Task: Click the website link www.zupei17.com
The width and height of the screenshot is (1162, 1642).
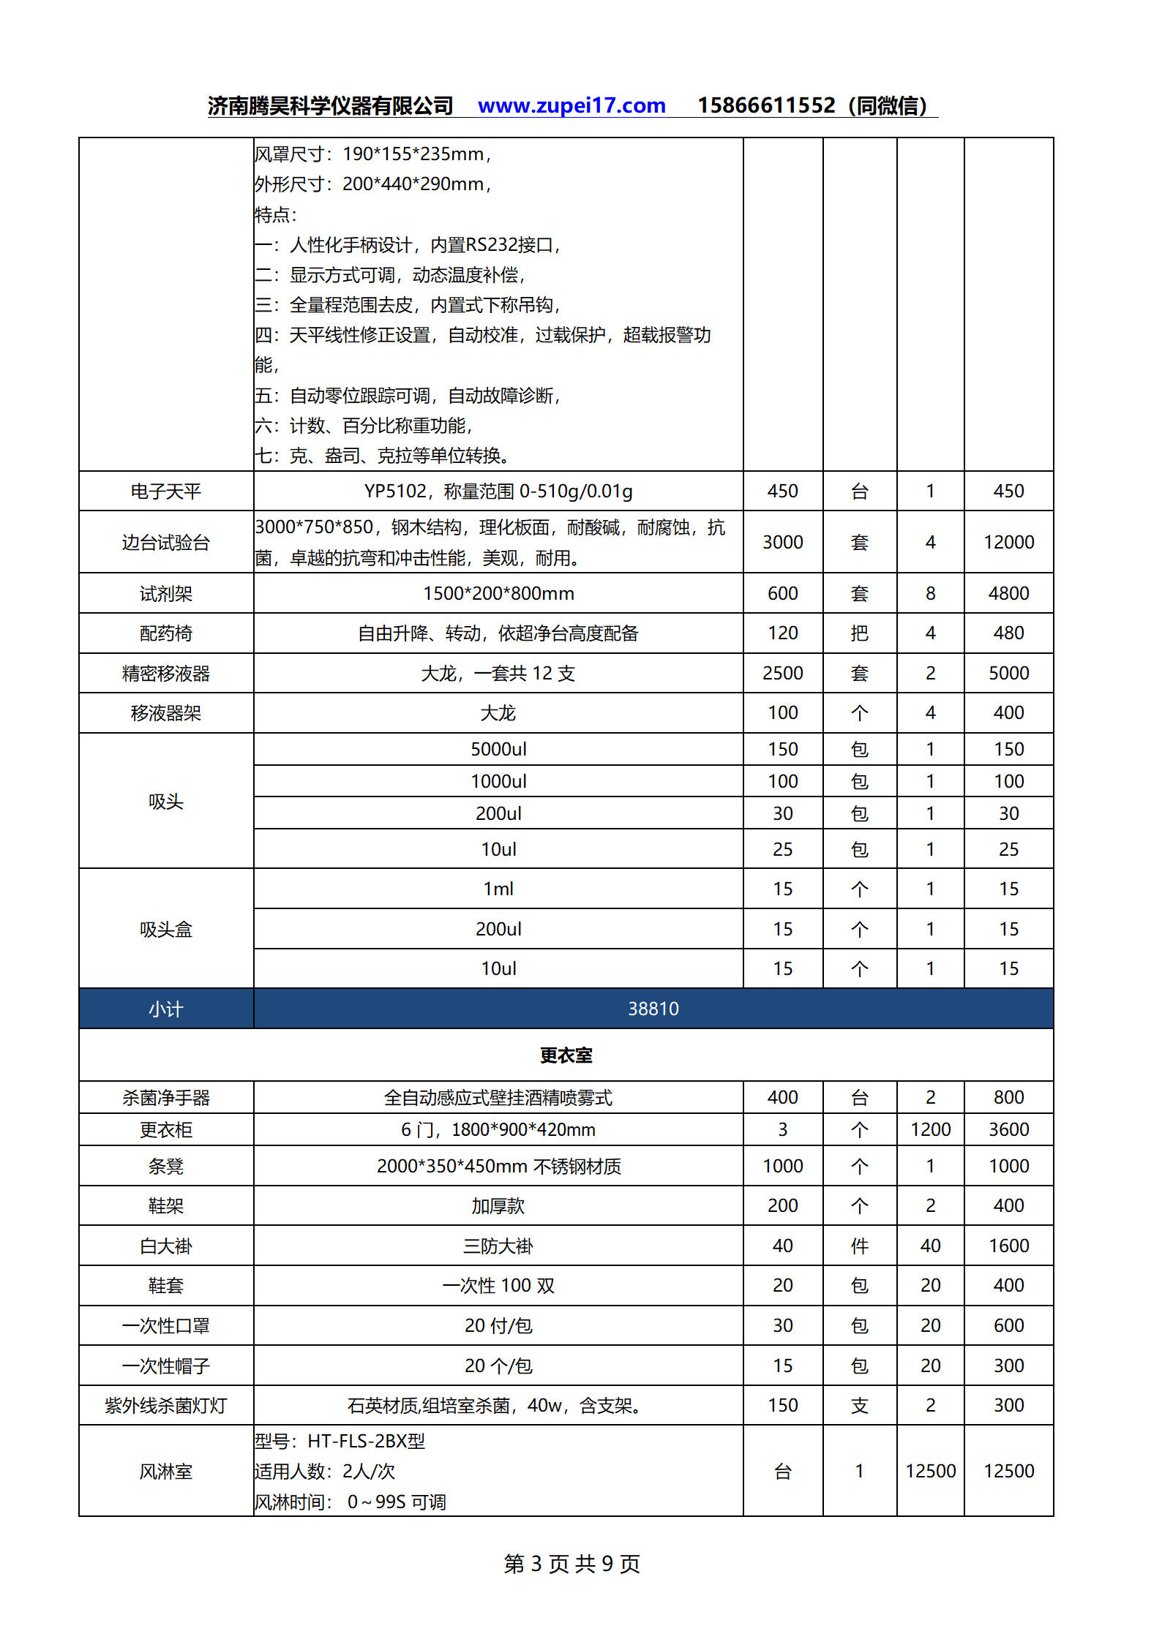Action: (x=571, y=106)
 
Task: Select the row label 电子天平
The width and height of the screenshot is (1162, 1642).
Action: (x=166, y=492)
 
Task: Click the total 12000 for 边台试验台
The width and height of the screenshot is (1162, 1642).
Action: (x=1008, y=542)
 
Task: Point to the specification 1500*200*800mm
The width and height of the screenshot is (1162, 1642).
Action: (x=498, y=593)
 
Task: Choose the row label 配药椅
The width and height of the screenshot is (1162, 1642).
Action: (x=166, y=633)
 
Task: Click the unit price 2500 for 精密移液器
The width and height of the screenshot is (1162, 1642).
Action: (x=782, y=673)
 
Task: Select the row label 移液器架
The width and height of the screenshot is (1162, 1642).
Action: (x=166, y=713)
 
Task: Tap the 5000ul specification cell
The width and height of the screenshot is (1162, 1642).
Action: (x=498, y=749)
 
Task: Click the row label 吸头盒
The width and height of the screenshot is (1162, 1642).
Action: (x=166, y=930)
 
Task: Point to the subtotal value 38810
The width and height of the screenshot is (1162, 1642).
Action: (x=653, y=1009)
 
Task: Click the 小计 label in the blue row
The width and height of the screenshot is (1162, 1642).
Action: (x=166, y=1009)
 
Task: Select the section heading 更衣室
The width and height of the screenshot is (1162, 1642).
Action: (x=566, y=1055)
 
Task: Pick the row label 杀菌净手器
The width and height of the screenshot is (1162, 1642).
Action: (x=166, y=1098)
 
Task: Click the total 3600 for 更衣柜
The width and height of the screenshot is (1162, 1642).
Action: (x=1008, y=1130)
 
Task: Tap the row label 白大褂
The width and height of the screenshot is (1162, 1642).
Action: (x=166, y=1246)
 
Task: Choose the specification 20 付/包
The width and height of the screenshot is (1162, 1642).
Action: (x=498, y=1326)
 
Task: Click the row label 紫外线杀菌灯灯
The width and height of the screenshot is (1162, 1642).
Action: (x=166, y=1406)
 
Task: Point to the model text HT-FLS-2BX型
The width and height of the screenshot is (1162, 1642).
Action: (x=366, y=1442)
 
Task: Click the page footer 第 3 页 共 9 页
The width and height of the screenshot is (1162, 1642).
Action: (x=571, y=1564)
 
